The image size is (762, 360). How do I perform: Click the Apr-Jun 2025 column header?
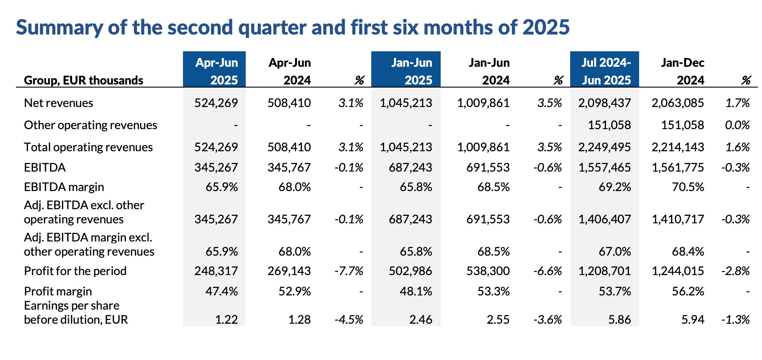pos(215,71)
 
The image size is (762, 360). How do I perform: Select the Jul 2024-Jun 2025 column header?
pos(605,71)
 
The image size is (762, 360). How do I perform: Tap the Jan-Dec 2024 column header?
pos(682,71)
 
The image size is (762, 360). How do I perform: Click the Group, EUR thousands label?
pos(84,80)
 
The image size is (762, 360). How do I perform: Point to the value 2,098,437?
pos(604,103)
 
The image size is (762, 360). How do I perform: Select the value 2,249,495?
pos(604,147)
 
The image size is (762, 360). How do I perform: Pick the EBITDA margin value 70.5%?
pos(688,187)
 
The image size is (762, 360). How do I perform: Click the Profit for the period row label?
pos(75,271)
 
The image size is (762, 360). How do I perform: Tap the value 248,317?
pos(216,271)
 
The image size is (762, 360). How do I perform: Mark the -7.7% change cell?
pos(349,271)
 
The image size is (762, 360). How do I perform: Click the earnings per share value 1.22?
pos(226,319)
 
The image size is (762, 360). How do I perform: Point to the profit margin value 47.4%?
pos(221,291)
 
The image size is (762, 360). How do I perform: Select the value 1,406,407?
pos(604,219)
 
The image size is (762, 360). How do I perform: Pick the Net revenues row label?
pos(58,103)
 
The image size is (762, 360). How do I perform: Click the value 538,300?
pos(488,271)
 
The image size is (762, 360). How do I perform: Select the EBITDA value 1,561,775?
pos(678,168)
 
